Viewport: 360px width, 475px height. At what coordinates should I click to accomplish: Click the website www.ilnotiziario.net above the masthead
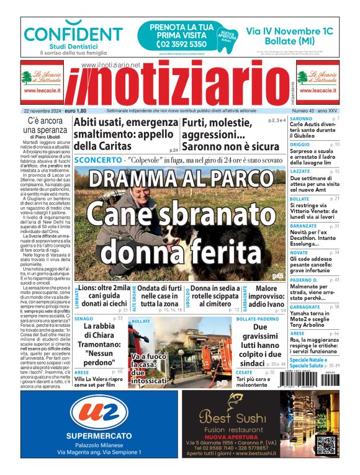[x=110, y=65]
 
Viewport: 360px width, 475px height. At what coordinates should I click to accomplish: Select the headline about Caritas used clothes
[x=119, y=134]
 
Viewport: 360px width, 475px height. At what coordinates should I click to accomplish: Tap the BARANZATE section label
[x=304, y=226]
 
